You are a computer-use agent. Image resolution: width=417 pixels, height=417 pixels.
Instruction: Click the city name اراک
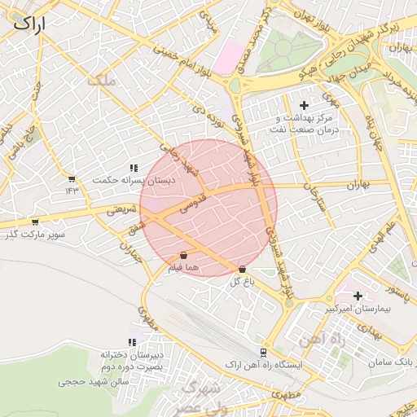click(x=29, y=24)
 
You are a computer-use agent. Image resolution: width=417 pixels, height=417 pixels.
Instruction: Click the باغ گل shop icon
click(x=243, y=270)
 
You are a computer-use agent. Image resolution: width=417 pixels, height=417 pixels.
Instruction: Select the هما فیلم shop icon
click(x=182, y=255)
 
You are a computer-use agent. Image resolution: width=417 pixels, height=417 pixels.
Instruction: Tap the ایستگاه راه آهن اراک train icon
click(x=262, y=352)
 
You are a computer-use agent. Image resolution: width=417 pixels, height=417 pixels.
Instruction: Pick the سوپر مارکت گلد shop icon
click(x=34, y=222)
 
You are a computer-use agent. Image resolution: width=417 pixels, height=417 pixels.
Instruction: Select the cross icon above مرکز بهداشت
click(x=305, y=105)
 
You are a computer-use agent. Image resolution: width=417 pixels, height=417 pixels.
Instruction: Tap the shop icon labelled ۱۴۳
click(x=72, y=179)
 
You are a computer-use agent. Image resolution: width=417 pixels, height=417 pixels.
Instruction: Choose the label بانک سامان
click(x=398, y=361)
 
